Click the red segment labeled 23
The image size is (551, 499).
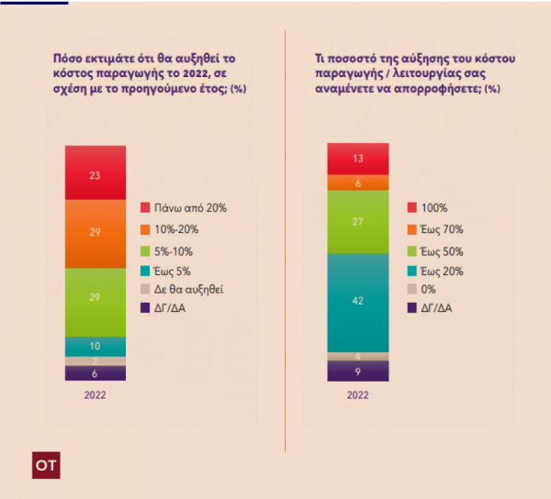[95, 172]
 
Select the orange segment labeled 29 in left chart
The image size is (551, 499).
[95, 233]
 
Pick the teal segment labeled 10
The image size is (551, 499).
[95, 346]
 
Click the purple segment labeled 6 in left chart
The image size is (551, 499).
[95, 373]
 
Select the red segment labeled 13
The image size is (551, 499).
[357, 159]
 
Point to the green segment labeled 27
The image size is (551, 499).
[357, 221]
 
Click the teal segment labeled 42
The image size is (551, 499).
[357, 301]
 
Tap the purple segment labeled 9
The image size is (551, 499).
[357, 371]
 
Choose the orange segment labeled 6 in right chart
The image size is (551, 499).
[357, 183]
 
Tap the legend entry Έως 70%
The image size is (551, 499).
[440, 230]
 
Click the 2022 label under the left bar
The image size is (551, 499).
[96, 395]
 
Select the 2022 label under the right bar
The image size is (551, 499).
[357, 395]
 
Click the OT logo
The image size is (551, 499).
[45, 465]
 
